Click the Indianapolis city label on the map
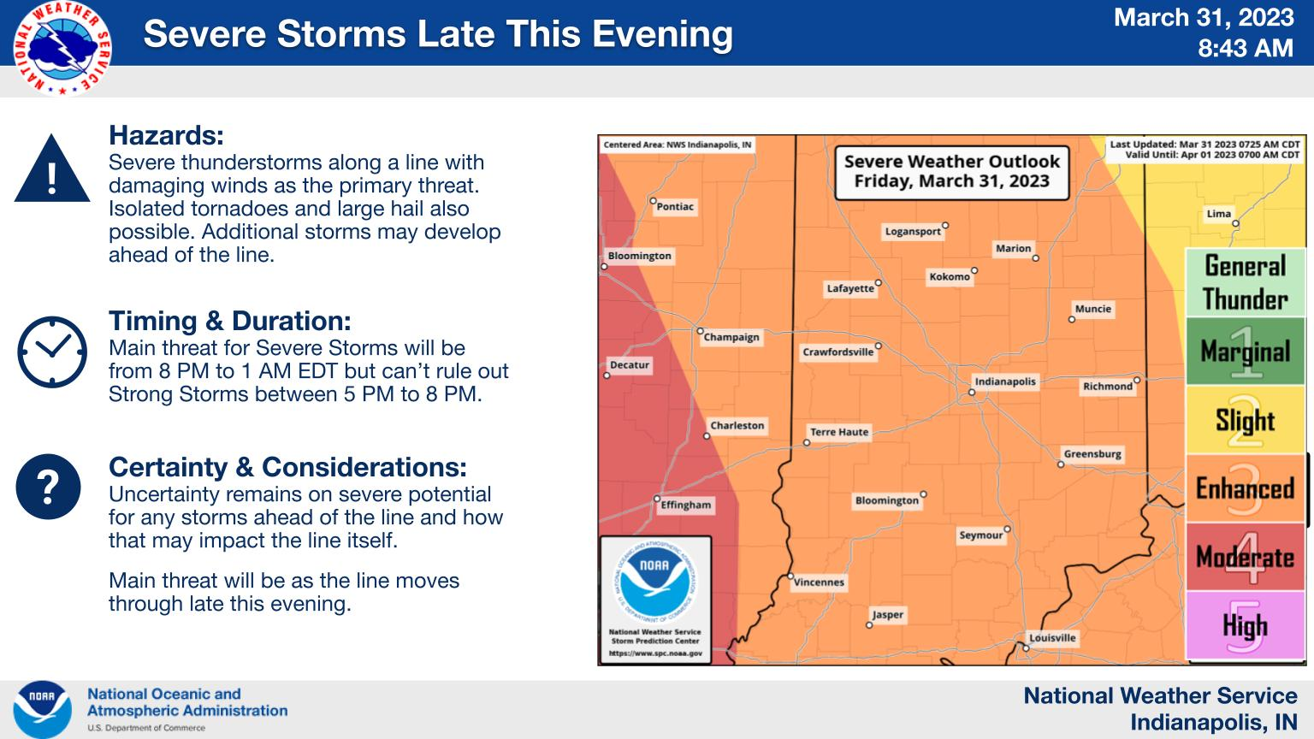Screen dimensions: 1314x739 [1005, 381]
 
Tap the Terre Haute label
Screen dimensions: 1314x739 [839, 432]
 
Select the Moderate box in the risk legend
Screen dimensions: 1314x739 [1245, 557]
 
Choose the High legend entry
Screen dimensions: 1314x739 [1245, 625]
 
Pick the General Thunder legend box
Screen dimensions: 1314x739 [1245, 283]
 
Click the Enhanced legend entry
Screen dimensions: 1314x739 [1245, 488]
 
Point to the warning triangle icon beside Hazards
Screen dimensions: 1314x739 [52, 168]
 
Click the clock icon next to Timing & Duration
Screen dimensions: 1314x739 [52, 352]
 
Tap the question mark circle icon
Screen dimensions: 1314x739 [48, 487]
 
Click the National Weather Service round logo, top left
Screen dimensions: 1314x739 [62, 48]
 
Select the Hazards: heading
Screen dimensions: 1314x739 [166, 135]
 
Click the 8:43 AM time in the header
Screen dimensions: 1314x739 [1246, 48]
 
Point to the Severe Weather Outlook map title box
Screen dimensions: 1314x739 [951, 173]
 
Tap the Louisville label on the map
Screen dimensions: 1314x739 [1052, 638]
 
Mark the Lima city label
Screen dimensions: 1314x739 [1218, 214]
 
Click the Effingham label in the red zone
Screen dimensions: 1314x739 [685, 505]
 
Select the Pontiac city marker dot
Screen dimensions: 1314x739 [653, 201]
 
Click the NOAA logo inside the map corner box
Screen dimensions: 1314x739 [654, 580]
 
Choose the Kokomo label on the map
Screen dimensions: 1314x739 [950, 277]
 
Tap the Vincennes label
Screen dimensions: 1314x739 [819, 582]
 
